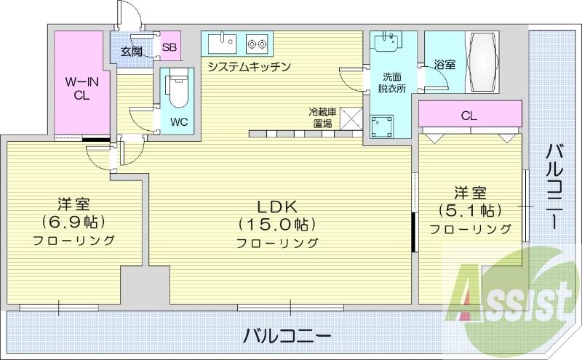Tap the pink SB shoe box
pyautogui.click(x=170, y=48)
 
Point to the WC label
pyautogui.click(x=179, y=121)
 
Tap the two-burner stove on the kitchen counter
pyautogui.click(x=256, y=44)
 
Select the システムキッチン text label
pyautogui.click(x=249, y=67)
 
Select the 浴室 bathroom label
pyautogui.click(x=443, y=65)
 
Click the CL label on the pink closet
pyautogui.click(x=469, y=115)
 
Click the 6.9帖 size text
pyautogui.click(x=75, y=221)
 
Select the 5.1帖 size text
pyautogui.click(x=470, y=211)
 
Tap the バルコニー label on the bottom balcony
pyautogui.click(x=287, y=336)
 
